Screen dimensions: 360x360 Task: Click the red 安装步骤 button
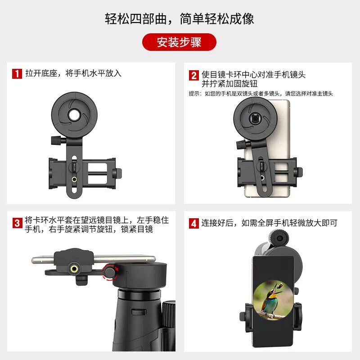click(179, 42)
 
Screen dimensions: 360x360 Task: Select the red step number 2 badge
click(193, 75)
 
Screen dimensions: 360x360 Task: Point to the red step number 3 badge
click(17, 223)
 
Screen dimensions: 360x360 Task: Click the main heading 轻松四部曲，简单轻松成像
click(180, 19)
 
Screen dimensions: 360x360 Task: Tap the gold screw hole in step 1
click(74, 179)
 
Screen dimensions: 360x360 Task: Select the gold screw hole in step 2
click(262, 179)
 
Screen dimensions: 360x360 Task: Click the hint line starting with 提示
click(261, 94)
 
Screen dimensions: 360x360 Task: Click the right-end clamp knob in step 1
click(119, 173)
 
